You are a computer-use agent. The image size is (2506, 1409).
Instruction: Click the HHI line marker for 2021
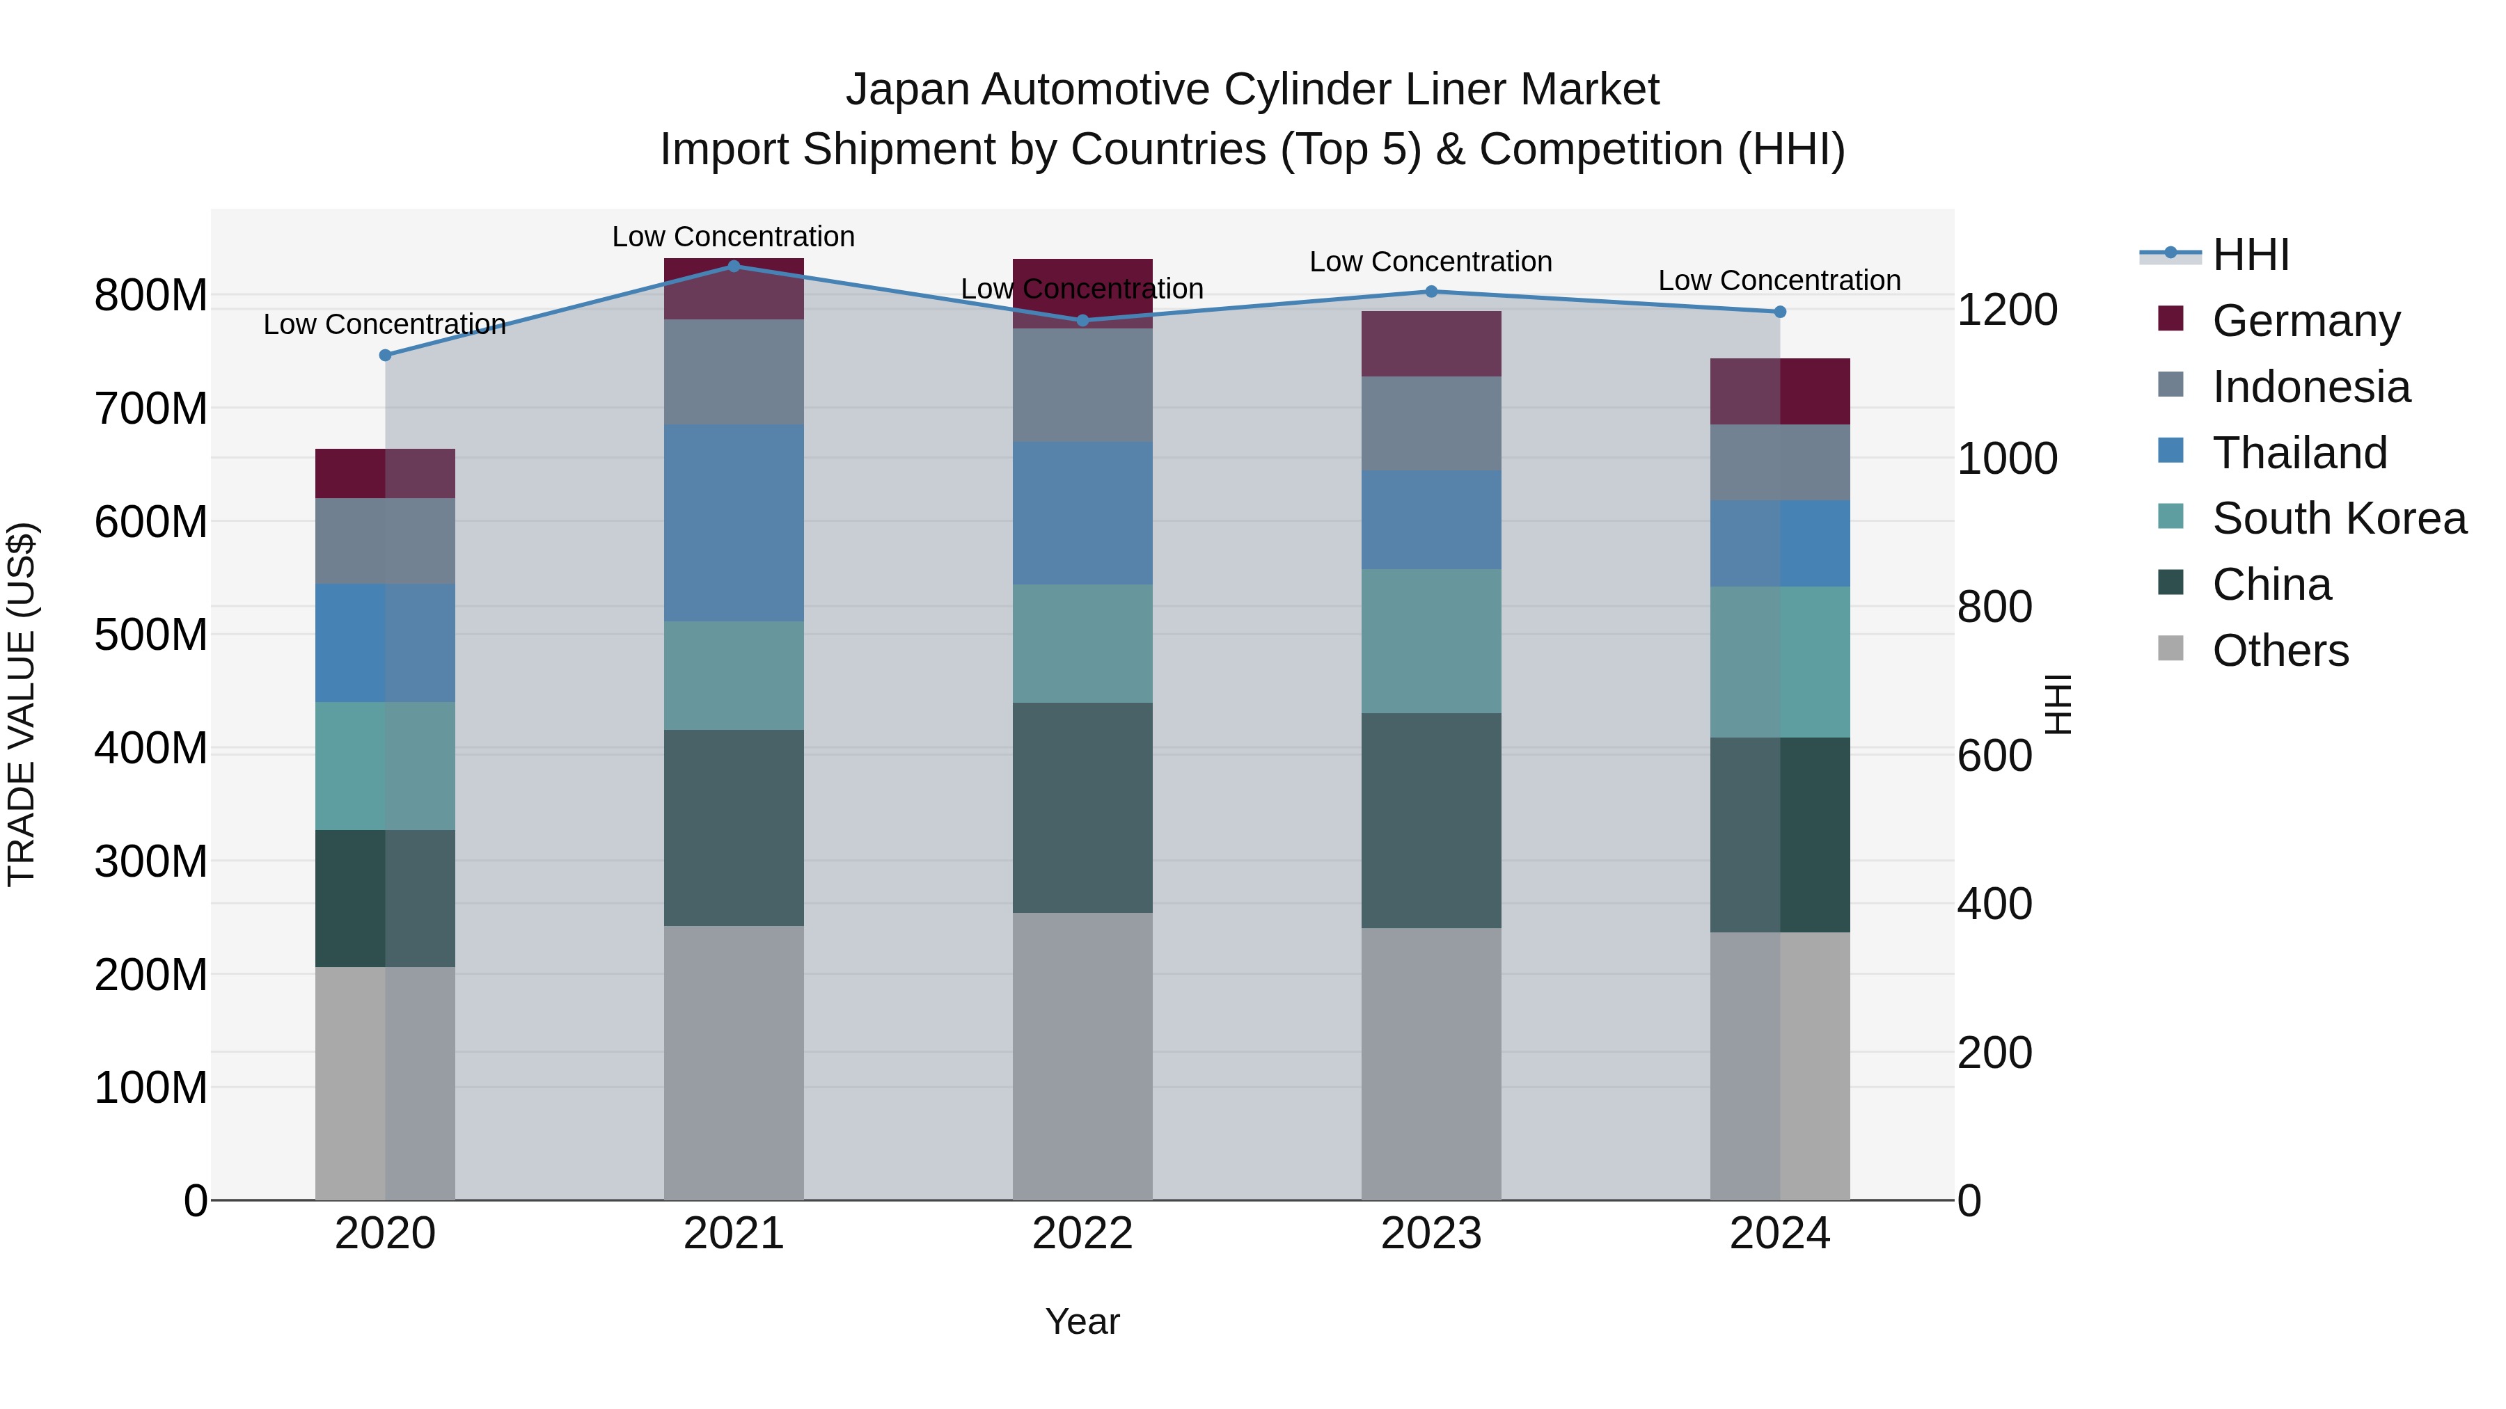pyautogui.click(x=734, y=266)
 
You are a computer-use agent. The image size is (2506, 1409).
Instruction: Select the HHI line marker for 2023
pyautogui.click(x=1431, y=292)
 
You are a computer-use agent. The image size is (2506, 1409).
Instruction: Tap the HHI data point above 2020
pyautogui.click(x=385, y=355)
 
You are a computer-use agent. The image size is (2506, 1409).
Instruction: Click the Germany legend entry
pyautogui.click(x=2306, y=321)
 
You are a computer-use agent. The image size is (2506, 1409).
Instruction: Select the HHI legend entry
pyautogui.click(x=2250, y=255)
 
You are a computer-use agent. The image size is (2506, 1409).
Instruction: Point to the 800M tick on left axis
pyautogui.click(x=151, y=294)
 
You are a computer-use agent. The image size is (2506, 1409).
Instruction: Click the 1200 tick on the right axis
pyautogui.click(x=2006, y=310)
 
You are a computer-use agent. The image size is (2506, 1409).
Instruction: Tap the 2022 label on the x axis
pyautogui.click(x=1082, y=1234)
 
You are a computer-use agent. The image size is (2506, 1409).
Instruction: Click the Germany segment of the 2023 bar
pyautogui.click(x=1431, y=343)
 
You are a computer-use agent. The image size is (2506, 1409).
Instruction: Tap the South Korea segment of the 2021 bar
pyautogui.click(x=734, y=675)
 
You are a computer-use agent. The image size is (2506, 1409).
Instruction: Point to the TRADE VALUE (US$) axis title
pyautogui.click(x=22, y=704)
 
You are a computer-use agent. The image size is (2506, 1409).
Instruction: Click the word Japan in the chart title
pyautogui.click(x=908, y=90)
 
